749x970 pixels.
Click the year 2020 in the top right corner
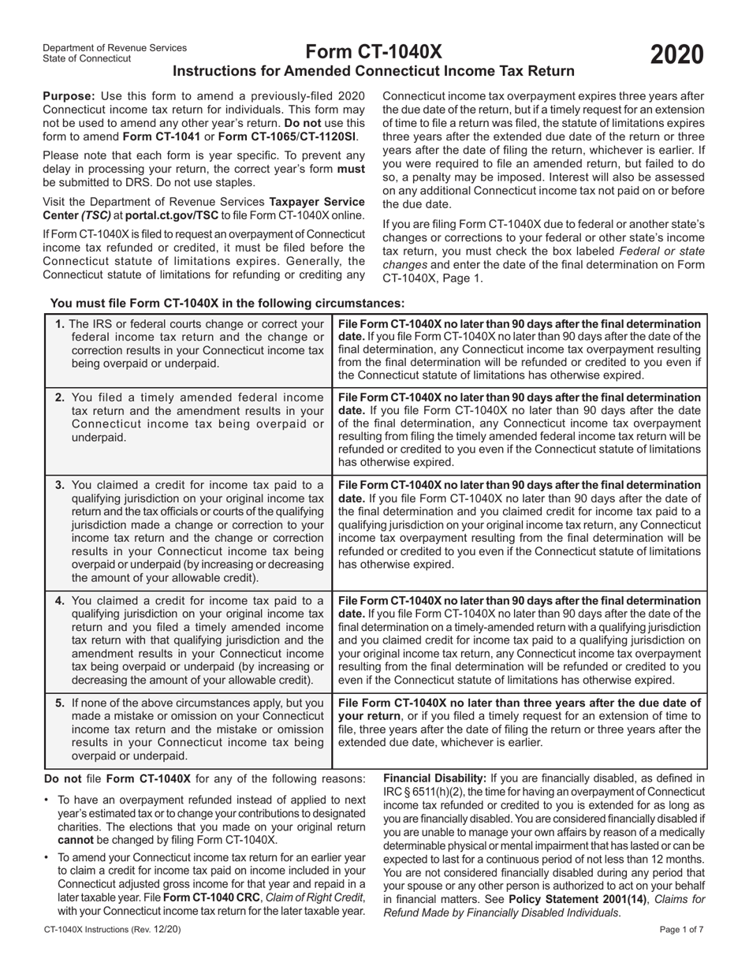(x=676, y=55)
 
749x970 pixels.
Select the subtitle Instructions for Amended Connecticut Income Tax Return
(x=373, y=72)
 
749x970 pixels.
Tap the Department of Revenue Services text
(x=115, y=47)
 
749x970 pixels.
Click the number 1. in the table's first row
(x=61, y=323)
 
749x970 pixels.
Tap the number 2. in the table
(x=61, y=397)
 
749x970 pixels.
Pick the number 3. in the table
(x=61, y=484)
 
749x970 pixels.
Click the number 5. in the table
(x=61, y=703)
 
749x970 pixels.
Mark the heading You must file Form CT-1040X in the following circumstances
(x=228, y=303)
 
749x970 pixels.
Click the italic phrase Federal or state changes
(x=658, y=251)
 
